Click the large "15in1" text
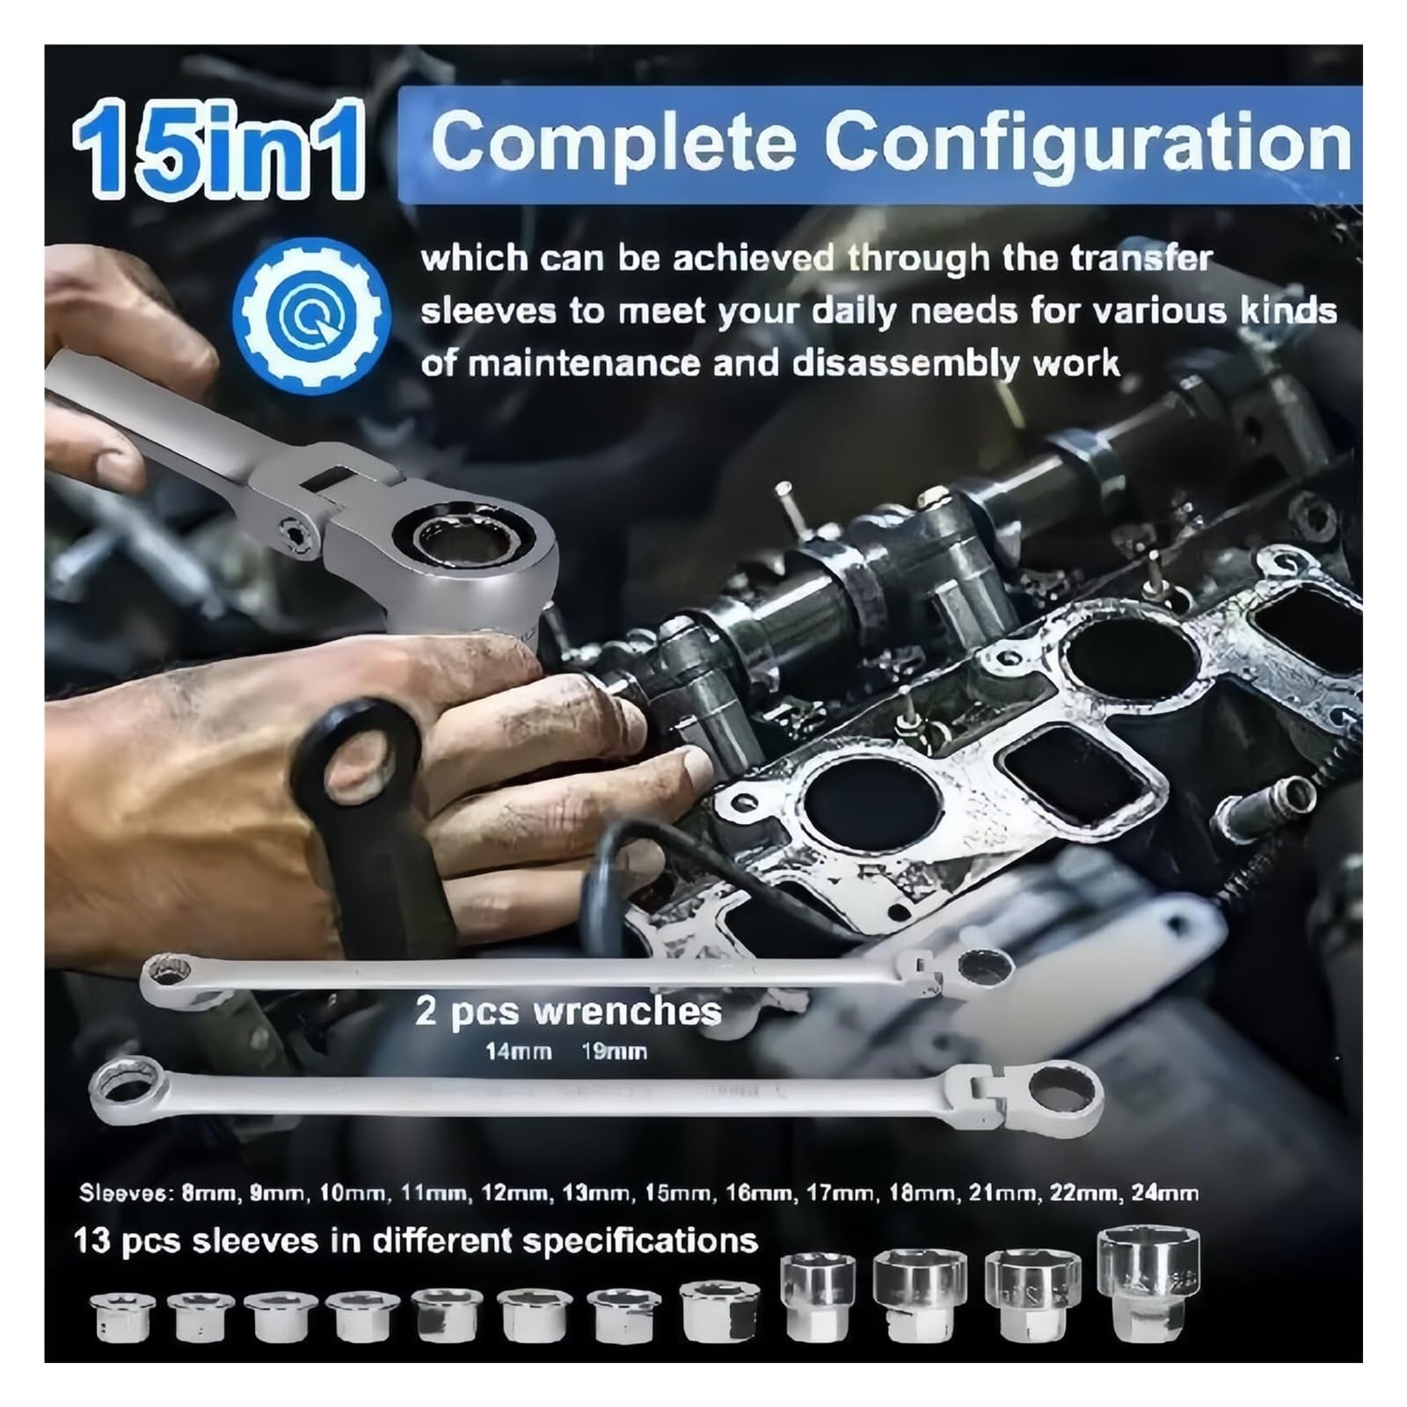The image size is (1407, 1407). point(218,147)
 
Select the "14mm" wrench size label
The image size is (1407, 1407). point(519,1052)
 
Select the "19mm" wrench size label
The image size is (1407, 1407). point(614,1052)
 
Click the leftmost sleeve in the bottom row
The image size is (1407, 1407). point(123,1316)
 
